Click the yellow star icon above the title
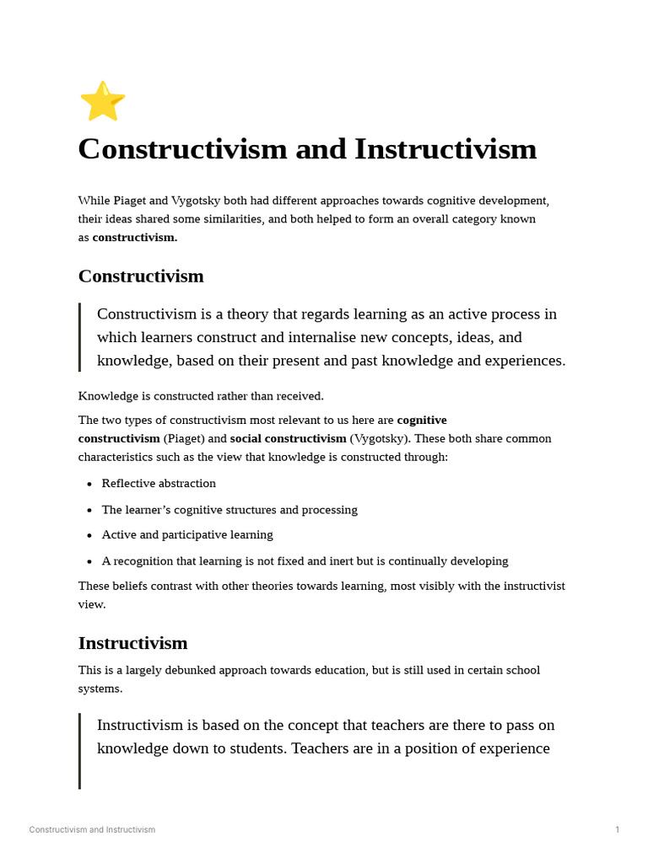(x=102, y=101)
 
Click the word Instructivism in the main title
(x=445, y=149)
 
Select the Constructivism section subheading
(x=141, y=276)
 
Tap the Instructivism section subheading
(x=132, y=643)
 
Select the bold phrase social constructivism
(x=288, y=438)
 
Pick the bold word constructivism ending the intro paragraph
(x=134, y=238)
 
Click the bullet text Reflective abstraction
(x=159, y=484)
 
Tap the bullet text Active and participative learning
(x=187, y=535)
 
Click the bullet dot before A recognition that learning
(x=89, y=561)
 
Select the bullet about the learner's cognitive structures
(x=229, y=510)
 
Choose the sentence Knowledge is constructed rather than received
(x=201, y=396)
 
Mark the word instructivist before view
(x=524, y=586)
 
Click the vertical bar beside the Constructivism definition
(x=80, y=337)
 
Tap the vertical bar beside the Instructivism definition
(x=80, y=750)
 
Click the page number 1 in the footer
(x=617, y=830)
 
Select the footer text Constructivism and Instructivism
(x=92, y=830)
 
